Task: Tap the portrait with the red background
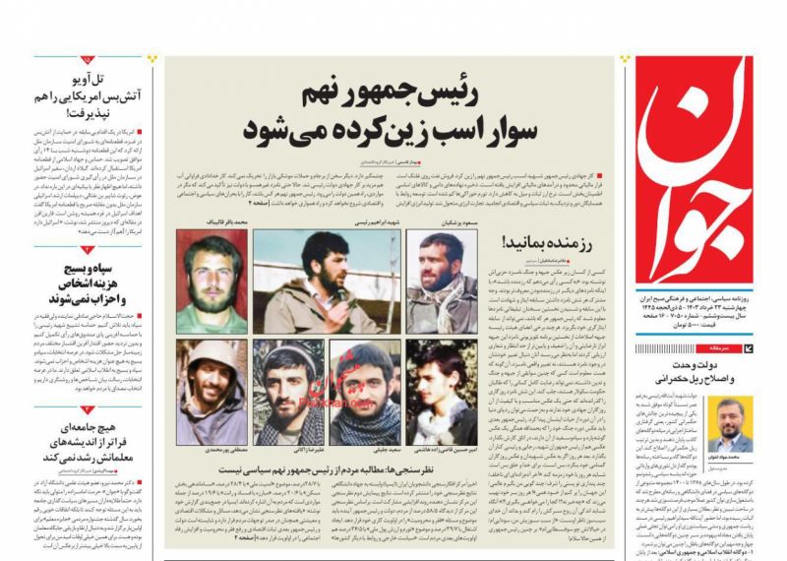[212, 281]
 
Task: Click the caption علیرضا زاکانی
[289, 450]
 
